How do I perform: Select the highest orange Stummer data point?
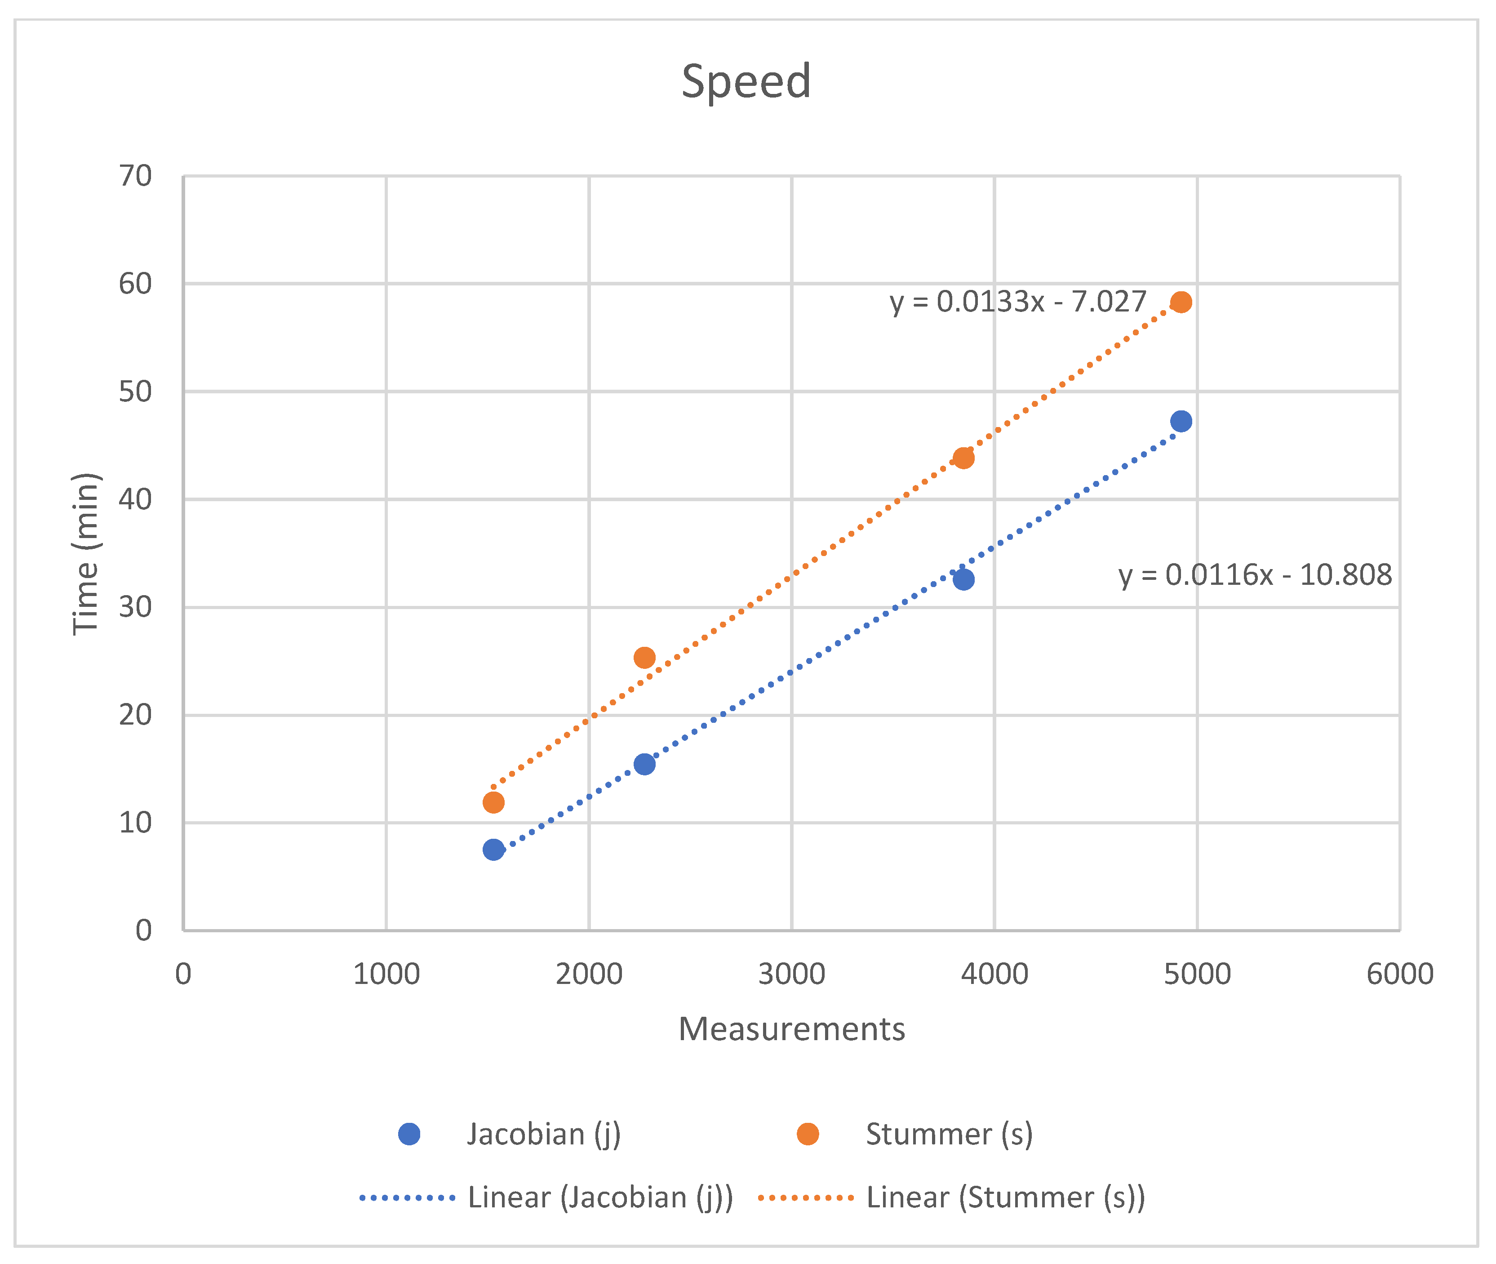pos(1181,303)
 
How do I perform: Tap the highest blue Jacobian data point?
pos(1181,421)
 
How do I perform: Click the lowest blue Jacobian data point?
pos(493,850)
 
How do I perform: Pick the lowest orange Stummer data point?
pos(493,802)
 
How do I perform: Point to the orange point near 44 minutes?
pos(963,458)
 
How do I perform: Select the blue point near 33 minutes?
pos(963,579)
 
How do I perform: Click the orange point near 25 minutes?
pos(644,658)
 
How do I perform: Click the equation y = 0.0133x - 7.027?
pos(1017,302)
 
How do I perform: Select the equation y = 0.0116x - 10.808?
pos(1255,574)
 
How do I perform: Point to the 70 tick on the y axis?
pos(135,176)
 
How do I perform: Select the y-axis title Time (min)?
pos(86,553)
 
